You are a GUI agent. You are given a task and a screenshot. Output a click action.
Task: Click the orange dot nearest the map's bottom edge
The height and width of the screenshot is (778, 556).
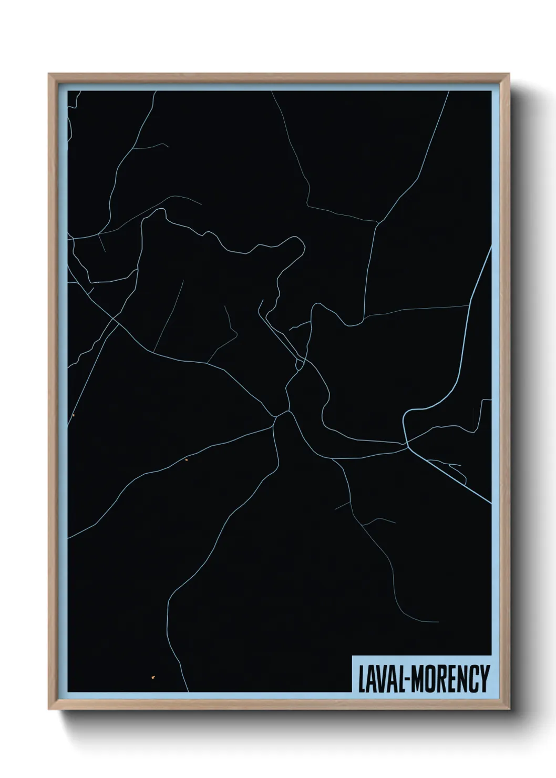coord(153,677)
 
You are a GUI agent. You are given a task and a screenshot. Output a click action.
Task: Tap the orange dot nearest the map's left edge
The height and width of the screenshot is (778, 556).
coord(74,415)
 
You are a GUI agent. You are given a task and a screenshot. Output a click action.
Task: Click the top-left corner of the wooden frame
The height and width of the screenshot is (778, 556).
coord(50,75)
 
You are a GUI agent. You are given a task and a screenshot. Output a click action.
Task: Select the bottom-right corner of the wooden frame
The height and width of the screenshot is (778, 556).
coord(509,710)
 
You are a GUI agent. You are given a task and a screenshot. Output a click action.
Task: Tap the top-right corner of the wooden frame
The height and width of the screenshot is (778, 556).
coord(509,75)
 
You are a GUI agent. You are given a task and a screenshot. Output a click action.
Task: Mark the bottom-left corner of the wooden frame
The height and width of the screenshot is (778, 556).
coord(50,710)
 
